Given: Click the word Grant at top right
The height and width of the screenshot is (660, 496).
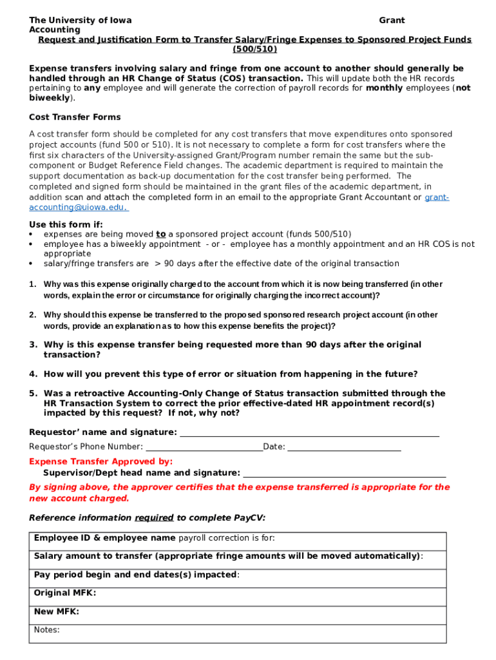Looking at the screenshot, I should pyautogui.click(x=392, y=21).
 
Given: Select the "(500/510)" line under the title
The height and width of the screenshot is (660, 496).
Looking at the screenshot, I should pyautogui.click(x=254, y=49).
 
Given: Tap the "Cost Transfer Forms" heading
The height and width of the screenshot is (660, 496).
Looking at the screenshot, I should pyautogui.click(x=75, y=117).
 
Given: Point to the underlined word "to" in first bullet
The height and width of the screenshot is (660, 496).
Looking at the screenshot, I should pyautogui.click(x=161, y=235).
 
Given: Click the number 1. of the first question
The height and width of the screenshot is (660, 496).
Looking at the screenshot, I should pyautogui.click(x=33, y=284).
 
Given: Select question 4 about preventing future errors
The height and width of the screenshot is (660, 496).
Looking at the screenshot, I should pyautogui.click(x=230, y=374).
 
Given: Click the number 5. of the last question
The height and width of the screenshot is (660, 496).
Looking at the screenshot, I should pyautogui.click(x=33, y=393).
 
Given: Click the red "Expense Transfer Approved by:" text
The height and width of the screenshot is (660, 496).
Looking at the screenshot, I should pyautogui.click(x=101, y=461).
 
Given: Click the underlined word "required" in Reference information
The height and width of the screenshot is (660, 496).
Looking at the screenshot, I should pyautogui.click(x=154, y=518).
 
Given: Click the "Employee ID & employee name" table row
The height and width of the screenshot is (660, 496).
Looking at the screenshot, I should pyautogui.click(x=238, y=538).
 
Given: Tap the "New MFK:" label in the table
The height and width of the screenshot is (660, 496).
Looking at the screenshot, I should pyautogui.click(x=57, y=612).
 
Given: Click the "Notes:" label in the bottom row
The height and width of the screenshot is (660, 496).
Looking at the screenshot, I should pyautogui.click(x=47, y=630).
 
